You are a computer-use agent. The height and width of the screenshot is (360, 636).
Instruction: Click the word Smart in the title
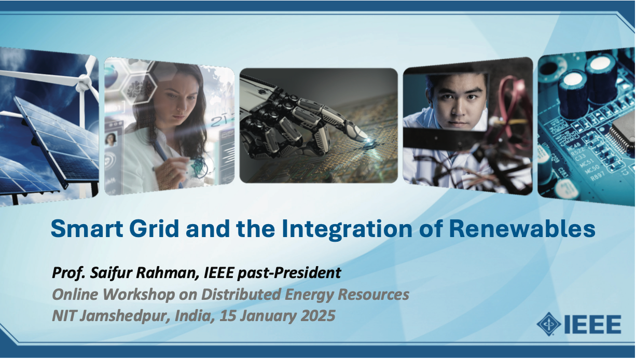click(x=87, y=229)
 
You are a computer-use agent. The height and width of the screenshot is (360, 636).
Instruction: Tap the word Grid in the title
click(x=155, y=229)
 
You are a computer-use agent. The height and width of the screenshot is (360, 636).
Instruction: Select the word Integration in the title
click(x=347, y=230)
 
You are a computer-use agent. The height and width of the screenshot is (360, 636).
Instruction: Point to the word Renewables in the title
click(x=522, y=229)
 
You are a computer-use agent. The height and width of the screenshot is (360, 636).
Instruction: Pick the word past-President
click(x=289, y=273)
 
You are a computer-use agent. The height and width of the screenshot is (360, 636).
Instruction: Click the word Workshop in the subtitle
click(x=139, y=295)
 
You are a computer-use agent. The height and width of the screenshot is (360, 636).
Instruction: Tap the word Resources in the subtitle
click(x=374, y=295)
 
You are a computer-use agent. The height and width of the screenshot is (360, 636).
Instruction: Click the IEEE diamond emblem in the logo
click(x=549, y=324)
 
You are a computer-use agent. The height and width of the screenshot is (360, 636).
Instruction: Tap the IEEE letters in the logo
click(x=592, y=324)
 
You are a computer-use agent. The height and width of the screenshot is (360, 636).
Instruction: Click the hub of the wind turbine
click(x=83, y=82)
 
